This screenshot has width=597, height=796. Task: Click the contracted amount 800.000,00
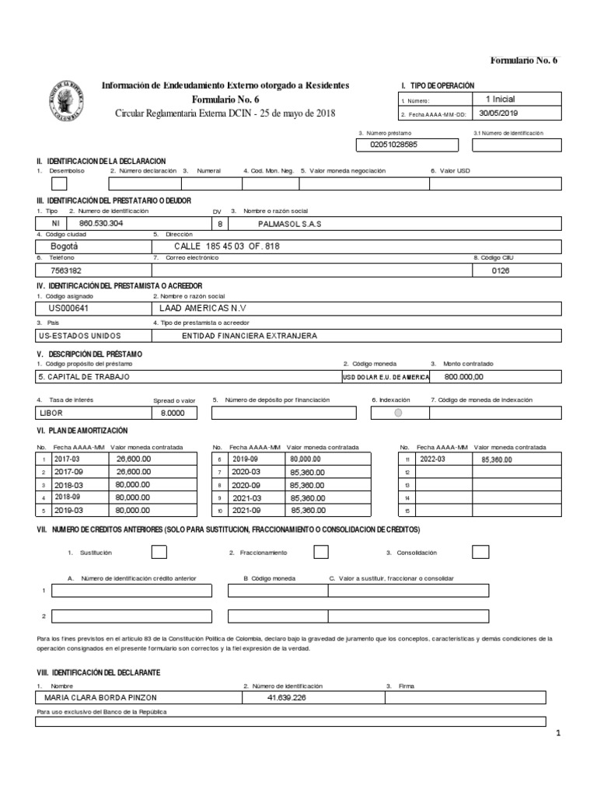[x=463, y=376]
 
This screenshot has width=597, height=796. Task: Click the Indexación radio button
[x=399, y=413]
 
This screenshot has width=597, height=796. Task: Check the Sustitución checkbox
[x=158, y=552]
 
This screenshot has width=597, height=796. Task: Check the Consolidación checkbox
[x=480, y=552]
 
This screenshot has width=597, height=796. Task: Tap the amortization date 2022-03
[x=434, y=459]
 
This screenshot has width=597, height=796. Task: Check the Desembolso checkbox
[x=59, y=184]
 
